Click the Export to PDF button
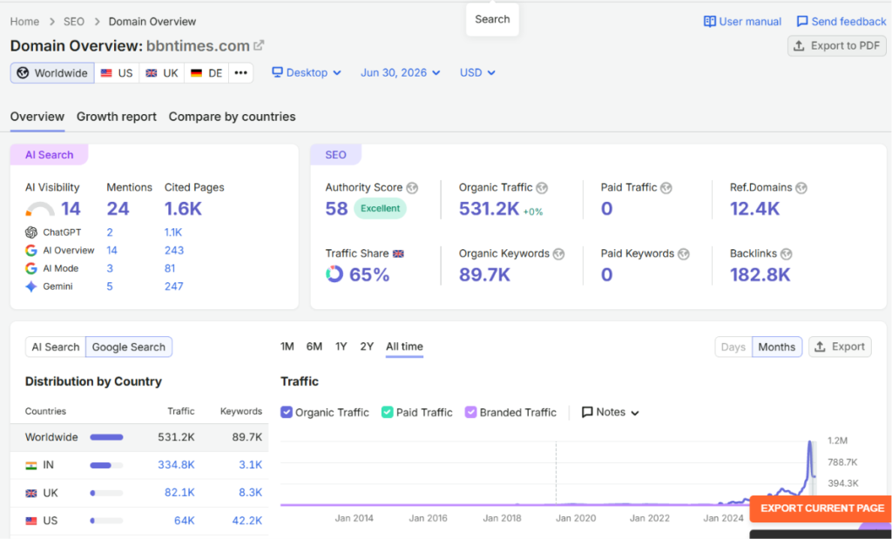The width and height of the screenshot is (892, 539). pos(837,46)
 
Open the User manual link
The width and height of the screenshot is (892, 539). pos(742,22)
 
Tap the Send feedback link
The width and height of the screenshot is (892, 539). pos(841,22)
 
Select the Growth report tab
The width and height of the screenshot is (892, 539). pos(117,117)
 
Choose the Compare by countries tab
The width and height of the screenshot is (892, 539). pos(232,117)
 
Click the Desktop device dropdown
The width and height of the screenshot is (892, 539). pos(307,73)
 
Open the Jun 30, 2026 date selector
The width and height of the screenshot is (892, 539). pos(401,73)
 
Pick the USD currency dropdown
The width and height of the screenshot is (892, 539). pos(477,73)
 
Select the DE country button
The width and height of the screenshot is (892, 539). pos(206,73)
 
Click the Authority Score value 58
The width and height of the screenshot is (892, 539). pos(336,209)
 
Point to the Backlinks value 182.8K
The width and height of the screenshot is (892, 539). pos(760,274)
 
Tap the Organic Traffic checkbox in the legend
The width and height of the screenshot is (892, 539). pos(287,412)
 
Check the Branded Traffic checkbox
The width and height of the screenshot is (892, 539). pos(470,412)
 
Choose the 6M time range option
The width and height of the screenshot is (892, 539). pos(314,347)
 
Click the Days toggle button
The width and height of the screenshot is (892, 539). pos(733,347)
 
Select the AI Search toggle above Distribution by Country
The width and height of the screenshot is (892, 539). pos(56,347)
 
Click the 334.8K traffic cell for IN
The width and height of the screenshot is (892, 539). pos(176,464)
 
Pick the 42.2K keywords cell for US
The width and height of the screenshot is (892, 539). pos(247,520)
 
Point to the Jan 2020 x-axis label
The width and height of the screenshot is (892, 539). pos(576,518)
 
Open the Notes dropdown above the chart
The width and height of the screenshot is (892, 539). pos(611,412)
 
